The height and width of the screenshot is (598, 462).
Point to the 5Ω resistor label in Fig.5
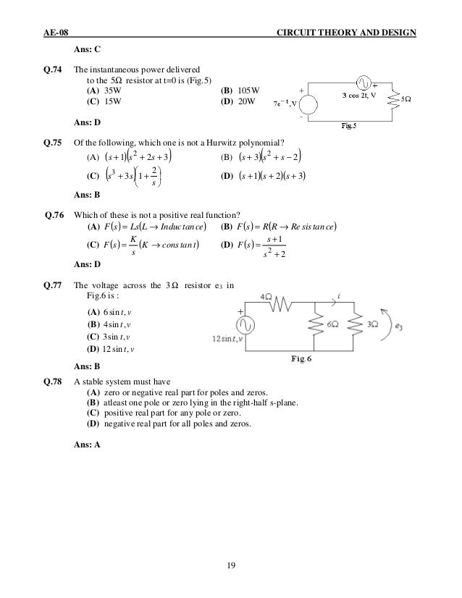[407, 98]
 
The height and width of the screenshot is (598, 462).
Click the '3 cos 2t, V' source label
[365, 94]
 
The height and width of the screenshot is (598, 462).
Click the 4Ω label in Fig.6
[266, 298]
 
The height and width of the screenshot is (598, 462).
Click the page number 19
[231, 565]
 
